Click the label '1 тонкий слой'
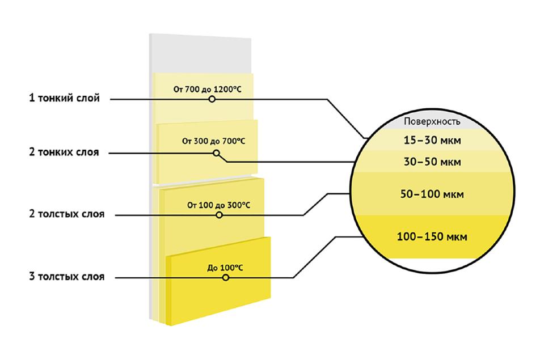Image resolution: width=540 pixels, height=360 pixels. [x=65, y=98]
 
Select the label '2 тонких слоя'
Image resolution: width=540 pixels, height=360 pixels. [x=64, y=152]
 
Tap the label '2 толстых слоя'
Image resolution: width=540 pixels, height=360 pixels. [x=67, y=214]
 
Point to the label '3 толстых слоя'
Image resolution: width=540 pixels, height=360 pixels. [x=67, y=276]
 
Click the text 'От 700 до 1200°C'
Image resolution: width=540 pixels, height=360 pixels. [x=208, y=90]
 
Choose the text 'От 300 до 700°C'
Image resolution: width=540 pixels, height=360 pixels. [x=213, y=141]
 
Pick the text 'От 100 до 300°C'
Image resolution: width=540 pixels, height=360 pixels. [x=219, y=205]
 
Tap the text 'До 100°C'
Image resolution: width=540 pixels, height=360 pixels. [x=225, y=268]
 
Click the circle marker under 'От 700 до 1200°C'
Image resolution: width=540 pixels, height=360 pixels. [x=212, y=99]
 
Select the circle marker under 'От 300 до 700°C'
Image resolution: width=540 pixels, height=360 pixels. [x=216, y=153]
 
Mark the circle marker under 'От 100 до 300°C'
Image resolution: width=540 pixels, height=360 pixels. [x=220, y=215]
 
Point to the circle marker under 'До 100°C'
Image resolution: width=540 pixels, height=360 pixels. [x=226, y=277]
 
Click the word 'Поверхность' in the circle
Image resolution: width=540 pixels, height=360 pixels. [x=432, y=121]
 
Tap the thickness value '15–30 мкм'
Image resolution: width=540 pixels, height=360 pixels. [x=432, y=141]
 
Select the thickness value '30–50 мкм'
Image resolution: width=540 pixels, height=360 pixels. [x=432, y=162]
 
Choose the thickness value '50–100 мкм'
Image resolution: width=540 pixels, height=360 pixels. [x=432, y=194]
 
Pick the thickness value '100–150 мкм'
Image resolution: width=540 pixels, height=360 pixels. [x=432, y=237]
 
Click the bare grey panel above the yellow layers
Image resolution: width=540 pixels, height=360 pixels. [x=200, y=53]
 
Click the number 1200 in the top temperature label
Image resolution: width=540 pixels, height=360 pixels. [x=222, y=90]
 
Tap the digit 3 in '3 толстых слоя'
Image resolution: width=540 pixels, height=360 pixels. [x=32, y=276]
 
